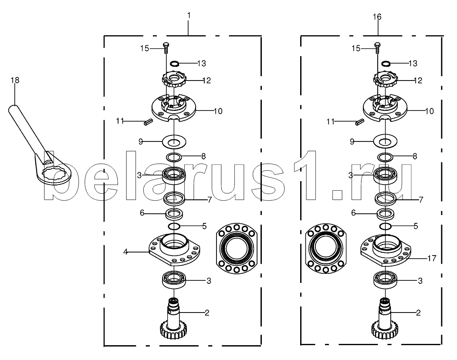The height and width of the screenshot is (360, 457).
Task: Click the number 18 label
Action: pyautogui.click(x=15, y=80)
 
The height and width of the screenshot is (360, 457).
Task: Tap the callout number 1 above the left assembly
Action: pyautogui.click(x=189, y=15)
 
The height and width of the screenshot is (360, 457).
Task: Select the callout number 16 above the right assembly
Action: pyautogui.click(x=377, y=17)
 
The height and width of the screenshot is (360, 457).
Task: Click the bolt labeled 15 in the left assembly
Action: pyautogui.click(x=166, y=48)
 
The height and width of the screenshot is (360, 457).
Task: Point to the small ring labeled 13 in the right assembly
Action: pyautogui.click(x=386, y=63)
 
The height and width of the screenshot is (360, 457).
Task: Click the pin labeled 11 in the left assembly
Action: pyautogui.click(x=146, y=122)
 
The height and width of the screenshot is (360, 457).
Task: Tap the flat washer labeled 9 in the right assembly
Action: pyautogui.click(x=385, y=142)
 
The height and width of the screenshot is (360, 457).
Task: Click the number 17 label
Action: pyautogui.click(x=432, y=258)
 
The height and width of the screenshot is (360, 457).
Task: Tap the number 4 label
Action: pyautogui.click(x=125, y=252)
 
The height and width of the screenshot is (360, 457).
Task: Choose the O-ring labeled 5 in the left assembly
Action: pyautogui.click(x=174, y=226)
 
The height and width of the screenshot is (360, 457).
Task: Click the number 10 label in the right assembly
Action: pyautogui.click(x=430, y=111)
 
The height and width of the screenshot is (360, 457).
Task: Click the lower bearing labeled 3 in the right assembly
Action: pyautogui.click(x=385, y=279)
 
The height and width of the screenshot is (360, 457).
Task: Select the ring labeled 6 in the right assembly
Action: pyautogui.click(x=385, y=214)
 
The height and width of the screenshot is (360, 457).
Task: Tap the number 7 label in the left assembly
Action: pyautogui.click(x=209, y=200)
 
